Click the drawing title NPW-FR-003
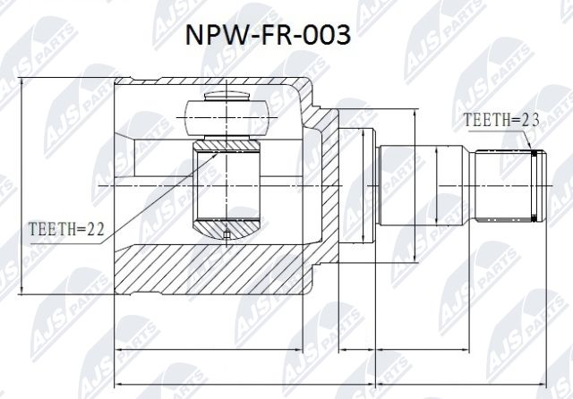click(x=268, y=38)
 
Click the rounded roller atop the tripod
click(x=227, y=113)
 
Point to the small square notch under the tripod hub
click(x=227, y=235)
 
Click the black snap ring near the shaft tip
click(x=535, y=186)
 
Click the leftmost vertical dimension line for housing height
click(x=21, y=186)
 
